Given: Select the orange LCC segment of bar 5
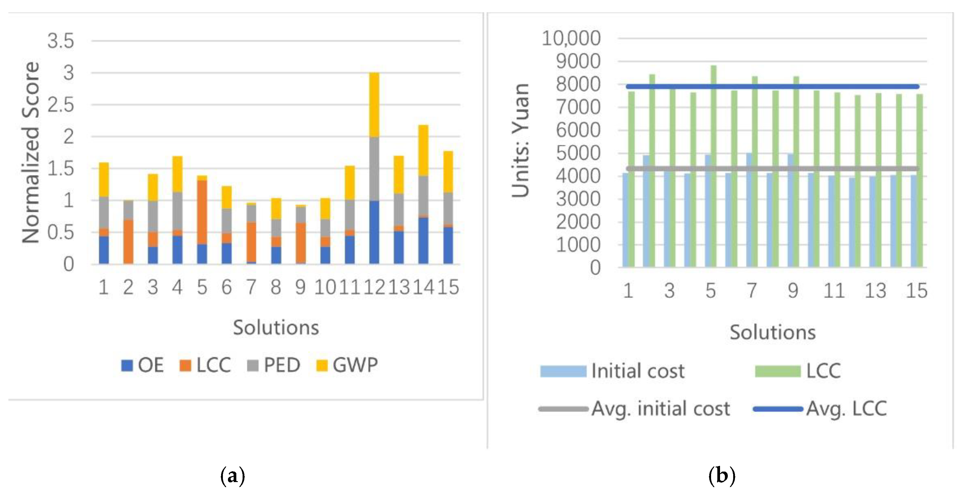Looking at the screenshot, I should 202,213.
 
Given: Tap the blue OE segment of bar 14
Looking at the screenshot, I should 423,241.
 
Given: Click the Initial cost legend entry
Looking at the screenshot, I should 612,371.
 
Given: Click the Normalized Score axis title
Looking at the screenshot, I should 31,153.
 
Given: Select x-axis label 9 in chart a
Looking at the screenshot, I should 300,288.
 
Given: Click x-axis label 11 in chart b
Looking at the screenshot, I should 834,291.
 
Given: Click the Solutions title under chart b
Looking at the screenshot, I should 773,333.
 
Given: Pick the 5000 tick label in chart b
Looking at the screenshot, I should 578,153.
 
